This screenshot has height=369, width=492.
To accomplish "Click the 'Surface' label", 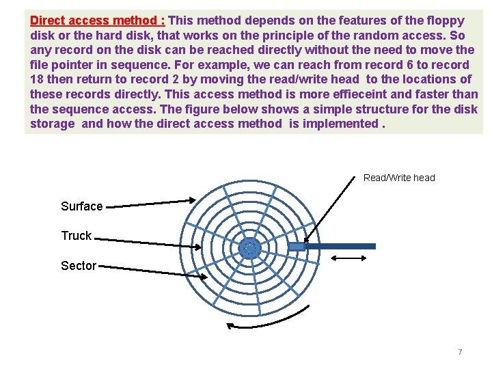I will pyautogui.click(x=81, y=206).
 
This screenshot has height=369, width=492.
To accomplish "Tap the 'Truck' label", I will pyautogui.click(x=76, y=236).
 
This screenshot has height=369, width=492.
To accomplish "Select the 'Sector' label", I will pyautogui.click(x=79, y=266).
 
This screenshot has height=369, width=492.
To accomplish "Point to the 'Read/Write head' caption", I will pyautogui.click(x=399, y=178).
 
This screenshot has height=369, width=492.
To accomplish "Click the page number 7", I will pyautogui.click(x=460, y=352).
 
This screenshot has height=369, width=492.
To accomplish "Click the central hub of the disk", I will pyautogui.click(x=250, y=249).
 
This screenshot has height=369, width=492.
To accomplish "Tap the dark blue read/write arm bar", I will pyautogui.click(x=342, y=246).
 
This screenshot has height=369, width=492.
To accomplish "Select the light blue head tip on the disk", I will pyautogui.click(x=297, y=246).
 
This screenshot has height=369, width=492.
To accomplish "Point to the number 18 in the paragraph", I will pyautogui.click(x=37, y=79).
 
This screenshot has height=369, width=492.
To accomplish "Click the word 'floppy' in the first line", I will pyautogui.click(x=446, y=20).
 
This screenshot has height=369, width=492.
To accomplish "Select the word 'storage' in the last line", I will pyautogui.click(x=52, y=124).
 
